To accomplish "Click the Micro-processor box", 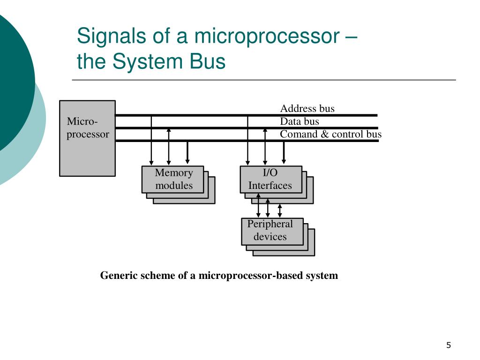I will point(87,138).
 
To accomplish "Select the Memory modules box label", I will point(174,179).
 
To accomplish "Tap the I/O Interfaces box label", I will point(270,179).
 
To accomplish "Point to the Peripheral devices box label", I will point(270,230).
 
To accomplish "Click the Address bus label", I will point(307,109).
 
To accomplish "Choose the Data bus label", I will point(300,121).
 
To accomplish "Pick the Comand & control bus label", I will point(331,134).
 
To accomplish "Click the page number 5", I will point(449,345).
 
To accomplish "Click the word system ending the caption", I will point(322,276).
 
